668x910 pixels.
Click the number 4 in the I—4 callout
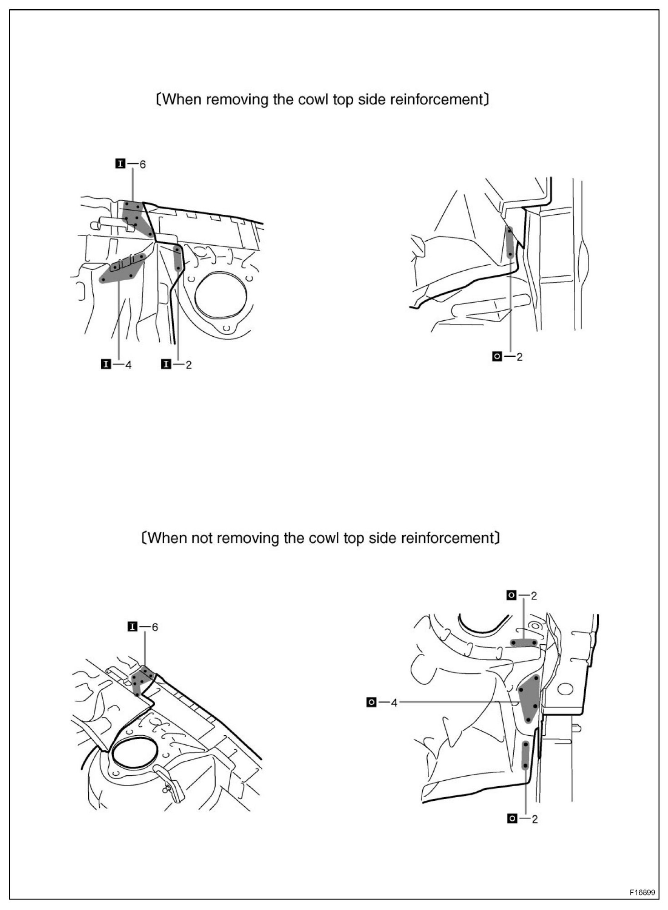click(128, 364)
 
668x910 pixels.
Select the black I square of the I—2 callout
click(166, 364)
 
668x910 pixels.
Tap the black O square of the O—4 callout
click(371, 703)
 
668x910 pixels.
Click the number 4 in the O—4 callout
click(394, 703)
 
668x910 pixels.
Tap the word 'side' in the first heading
click(371, 100)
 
